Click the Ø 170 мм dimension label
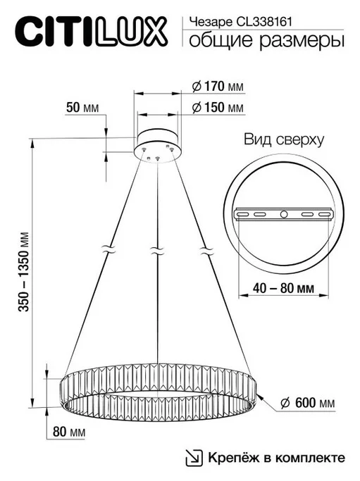[x=218, y=87]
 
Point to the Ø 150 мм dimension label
[x=218, y=108]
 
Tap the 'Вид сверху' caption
[x=284, y=139]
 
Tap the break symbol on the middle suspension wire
[x=156, y=250]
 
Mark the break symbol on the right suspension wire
[x=206, y=250]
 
